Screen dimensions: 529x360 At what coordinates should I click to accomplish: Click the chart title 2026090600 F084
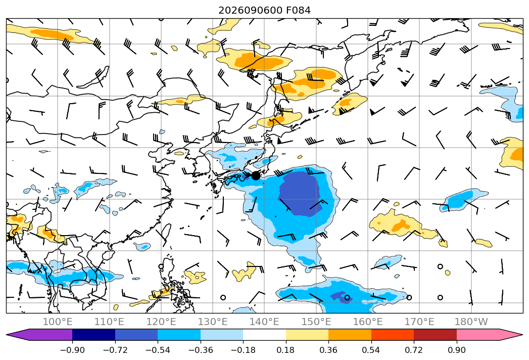pos(265,11)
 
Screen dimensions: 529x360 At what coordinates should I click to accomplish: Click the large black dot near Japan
pos(256,175)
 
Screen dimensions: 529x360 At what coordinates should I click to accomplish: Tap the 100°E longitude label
pos(58,322)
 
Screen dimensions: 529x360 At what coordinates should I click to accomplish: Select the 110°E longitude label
pos(109,322)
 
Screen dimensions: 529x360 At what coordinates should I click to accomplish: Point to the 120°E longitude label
pos(161,322)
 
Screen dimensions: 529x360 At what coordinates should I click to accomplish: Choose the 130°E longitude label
pos(213,322)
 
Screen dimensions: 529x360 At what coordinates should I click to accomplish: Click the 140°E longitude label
pos(264,322)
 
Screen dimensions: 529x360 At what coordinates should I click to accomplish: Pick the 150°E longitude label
pos(316,322)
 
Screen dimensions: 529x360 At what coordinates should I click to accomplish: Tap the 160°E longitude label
pos(368,322)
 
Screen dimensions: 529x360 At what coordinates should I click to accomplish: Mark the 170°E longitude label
pos(419,322)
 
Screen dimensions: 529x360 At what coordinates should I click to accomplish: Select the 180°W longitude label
pos(471,322)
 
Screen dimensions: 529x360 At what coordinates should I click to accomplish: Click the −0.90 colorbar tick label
pos(72,350)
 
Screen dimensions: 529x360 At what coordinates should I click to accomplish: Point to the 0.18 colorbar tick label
pos(286,350)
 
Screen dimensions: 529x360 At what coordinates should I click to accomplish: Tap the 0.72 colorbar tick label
pos(414,350)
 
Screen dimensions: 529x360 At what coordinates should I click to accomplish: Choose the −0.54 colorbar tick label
pos(158,350)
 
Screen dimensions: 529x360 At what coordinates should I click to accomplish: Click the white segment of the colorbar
pos(265,334)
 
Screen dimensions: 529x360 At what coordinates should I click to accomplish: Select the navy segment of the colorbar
pos(94,334)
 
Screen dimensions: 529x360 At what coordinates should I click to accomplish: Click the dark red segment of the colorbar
pos(435,334)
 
